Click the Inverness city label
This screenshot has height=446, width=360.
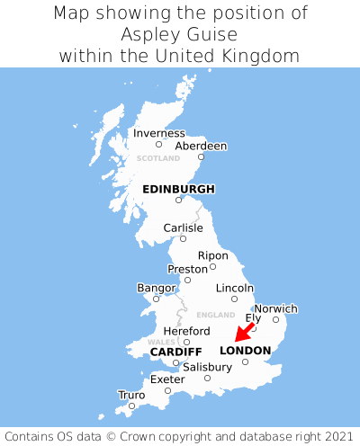pyautogui.click(x=159, y=133)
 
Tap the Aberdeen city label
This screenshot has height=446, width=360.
pyautogui.click(x=201, y=146)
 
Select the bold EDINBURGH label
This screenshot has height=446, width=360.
pyautogui.click(x=178, y=189)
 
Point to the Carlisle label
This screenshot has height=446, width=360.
pyautogui.click(x=183, y=227)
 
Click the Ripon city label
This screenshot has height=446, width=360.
pyautogui.click(x=212, y=255)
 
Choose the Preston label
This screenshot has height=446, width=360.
pyautogui.click(x=187, y=269)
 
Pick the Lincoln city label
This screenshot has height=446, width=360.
pyautogui.click(x=235, y=288)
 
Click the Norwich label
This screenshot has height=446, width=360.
pyautogui.click(x=275, y=308)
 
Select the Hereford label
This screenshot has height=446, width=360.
pyautogui.click(x=186, y=331)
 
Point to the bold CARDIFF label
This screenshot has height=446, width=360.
pyautogui.click(x=175, y=352)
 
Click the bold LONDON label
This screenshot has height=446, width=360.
pyautogui.click(x=245, y=351)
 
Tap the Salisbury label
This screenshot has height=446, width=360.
pyautogui.click(x=207, y=367)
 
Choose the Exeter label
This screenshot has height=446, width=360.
pyautogui.click(x=167, y=379)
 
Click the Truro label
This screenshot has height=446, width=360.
pyautogui.click(x=131, y=395)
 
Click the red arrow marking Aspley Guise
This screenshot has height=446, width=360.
pyautogui.click(x=243, y=332)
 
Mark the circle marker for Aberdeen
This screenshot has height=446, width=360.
pyautogui.click(x=202, y=157)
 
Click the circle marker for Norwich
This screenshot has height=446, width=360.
pyautogui.click(x=275, y=319)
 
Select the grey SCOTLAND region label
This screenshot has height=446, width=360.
pyautogui.click(x=158, y=158)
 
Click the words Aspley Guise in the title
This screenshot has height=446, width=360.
pyautogui.click(x=180, y=34)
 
